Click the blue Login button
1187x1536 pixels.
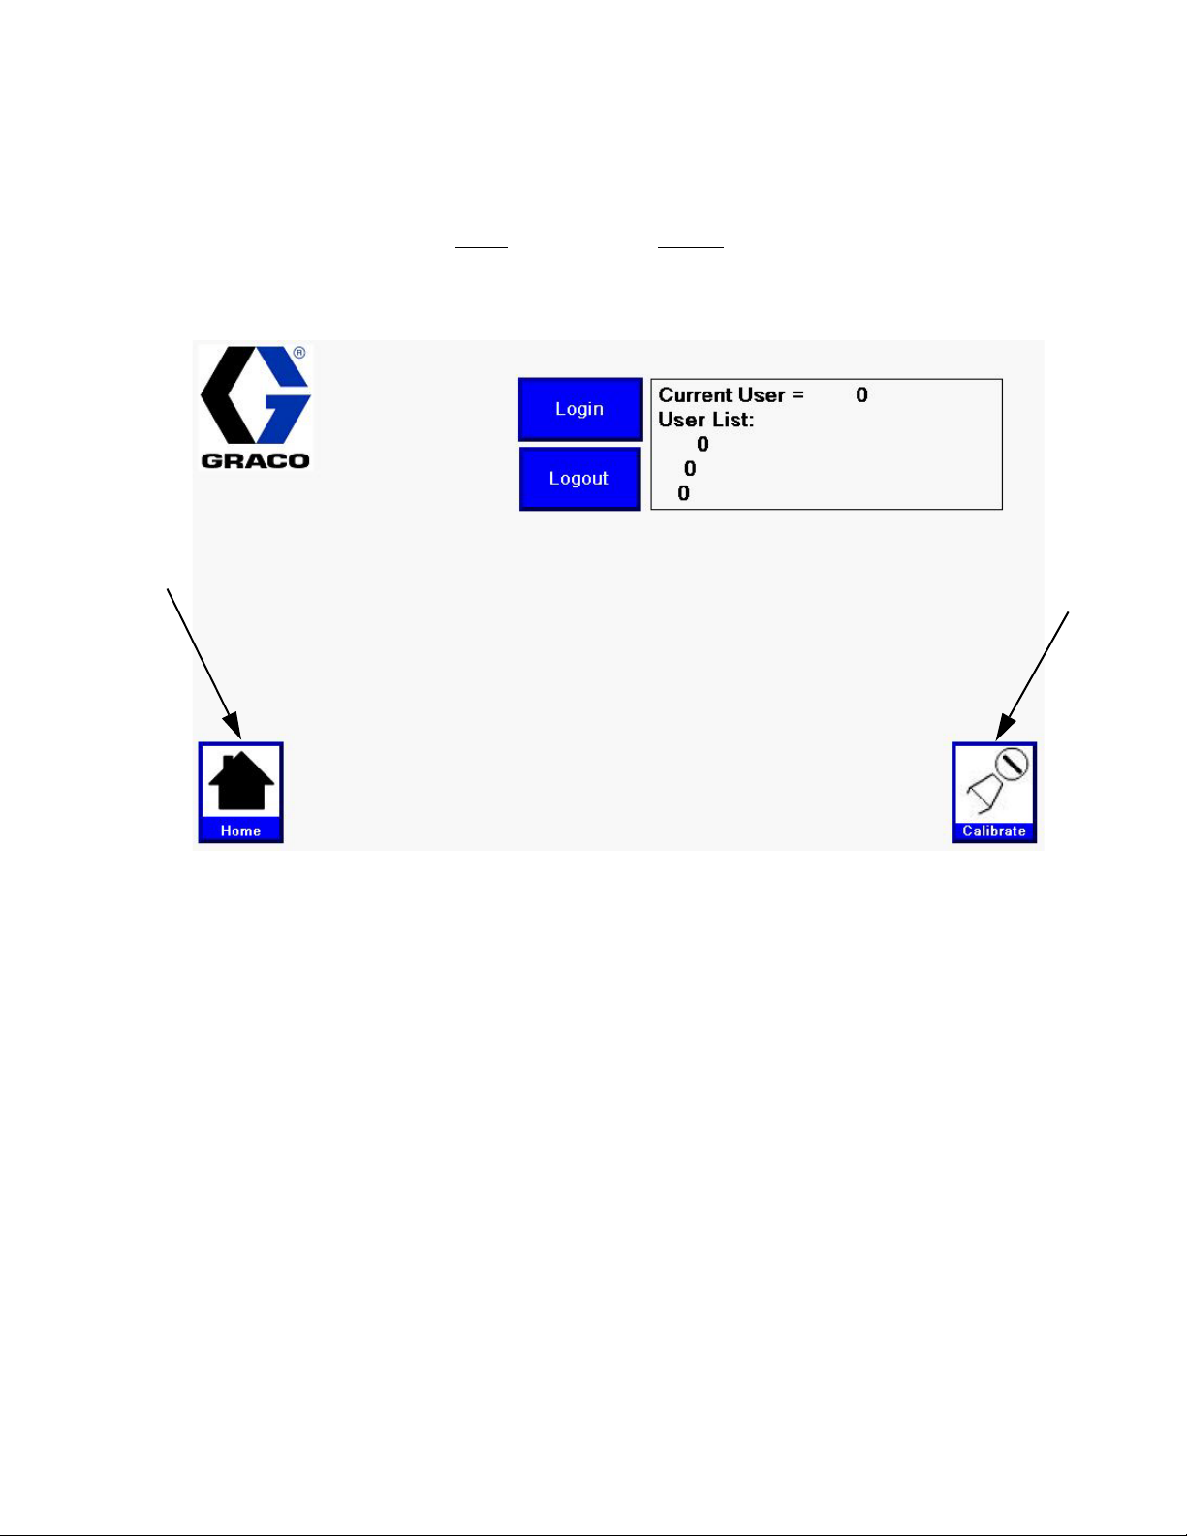(579, 409)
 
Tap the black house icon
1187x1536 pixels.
(241, 781)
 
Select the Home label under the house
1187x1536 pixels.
(240, 831)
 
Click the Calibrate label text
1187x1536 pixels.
(994, 831)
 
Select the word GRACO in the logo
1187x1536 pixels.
(255, 460)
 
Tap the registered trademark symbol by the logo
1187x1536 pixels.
(299, 353)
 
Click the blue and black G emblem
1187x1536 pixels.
(255, 396)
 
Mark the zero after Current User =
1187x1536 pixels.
(861, 395)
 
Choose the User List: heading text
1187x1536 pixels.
(705, 420)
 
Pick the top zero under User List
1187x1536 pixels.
(703, 444)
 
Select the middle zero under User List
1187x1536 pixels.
(690, 469)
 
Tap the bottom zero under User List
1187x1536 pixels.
(683, 493)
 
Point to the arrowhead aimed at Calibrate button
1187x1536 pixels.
(1004, 727)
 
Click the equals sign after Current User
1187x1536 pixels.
(797, 395)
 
